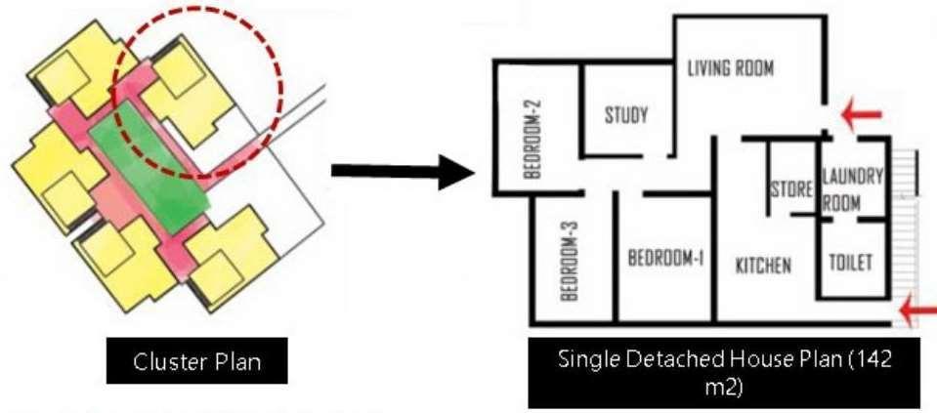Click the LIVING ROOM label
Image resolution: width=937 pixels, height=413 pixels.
(x=730, y=68)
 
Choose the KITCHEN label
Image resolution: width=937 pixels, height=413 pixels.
(x=763, y=265)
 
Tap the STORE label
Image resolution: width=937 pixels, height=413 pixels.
(x=791, y=188)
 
